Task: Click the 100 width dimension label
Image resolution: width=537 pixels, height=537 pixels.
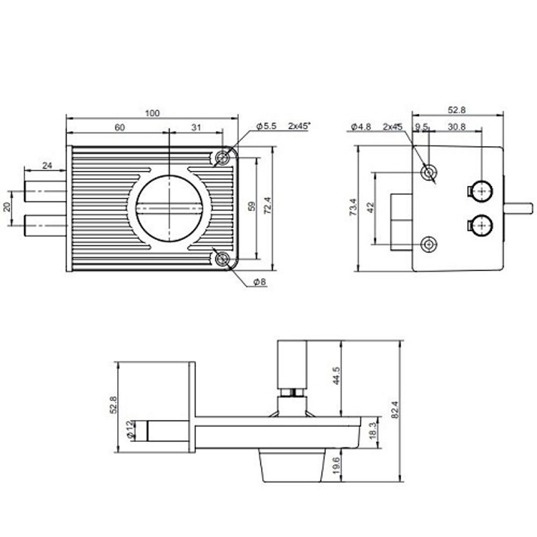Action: (153, 113)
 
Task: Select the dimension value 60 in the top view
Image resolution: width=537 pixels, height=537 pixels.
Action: (120, 127)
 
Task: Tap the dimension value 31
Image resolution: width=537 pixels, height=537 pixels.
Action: (195, 127)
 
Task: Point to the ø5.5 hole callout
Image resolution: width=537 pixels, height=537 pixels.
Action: (266, 126)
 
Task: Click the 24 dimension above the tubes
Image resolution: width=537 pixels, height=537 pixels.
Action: (47, 166)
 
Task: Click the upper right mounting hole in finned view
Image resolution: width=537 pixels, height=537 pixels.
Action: (222, 157)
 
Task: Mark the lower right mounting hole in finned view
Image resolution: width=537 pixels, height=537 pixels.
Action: (222, 259)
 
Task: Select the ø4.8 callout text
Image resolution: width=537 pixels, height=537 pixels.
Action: (361, 127)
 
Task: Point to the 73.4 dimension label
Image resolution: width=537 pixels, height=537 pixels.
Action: (353, 207)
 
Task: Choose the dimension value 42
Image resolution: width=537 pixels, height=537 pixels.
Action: (369, 208)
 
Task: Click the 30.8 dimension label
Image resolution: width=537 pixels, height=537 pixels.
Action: (455, 127)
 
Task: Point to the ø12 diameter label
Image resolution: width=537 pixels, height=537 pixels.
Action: (129, 431)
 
